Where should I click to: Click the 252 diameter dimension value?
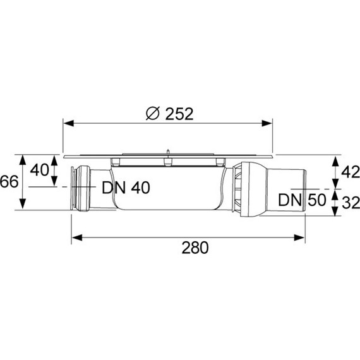[x=179, y=114]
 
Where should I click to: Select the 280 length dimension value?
[x=194, y=248]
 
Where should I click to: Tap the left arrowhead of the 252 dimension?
[x=67, y=124]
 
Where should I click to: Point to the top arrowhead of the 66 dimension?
[x=23, y=158]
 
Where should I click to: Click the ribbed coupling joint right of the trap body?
[x=243, y=188]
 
